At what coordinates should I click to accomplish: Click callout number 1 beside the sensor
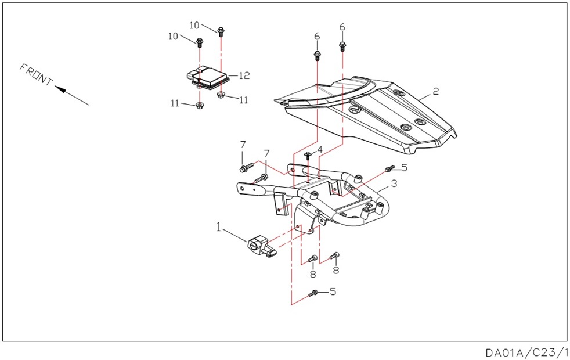point(219,226)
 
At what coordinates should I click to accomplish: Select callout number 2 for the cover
point(436,92)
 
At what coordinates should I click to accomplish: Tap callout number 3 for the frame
point(394,184)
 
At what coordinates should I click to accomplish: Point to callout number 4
point(320,149)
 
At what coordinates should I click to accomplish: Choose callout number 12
point(244,75)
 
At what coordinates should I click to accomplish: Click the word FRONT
point(36,75)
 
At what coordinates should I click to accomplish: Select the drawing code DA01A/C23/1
point(526,352)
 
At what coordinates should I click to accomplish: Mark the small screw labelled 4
point(308,154)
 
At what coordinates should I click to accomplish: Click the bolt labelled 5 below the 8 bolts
point(315,293)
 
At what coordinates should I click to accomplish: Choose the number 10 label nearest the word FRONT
point(174,36)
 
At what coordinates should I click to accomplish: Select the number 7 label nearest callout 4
point(267,153)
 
